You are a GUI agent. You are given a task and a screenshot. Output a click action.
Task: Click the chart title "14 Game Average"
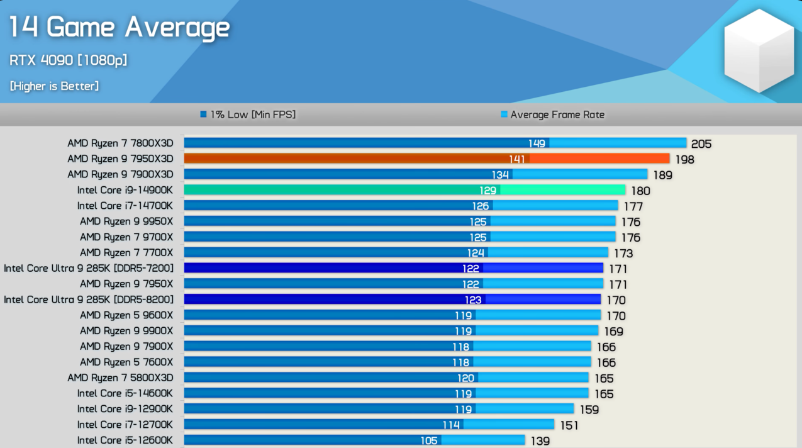[119, 28]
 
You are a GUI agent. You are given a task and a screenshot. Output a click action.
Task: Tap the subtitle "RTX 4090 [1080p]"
[68, 60]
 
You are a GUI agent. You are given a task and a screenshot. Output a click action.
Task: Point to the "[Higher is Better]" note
[54, 86]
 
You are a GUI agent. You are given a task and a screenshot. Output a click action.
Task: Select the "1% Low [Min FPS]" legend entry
[248, 115]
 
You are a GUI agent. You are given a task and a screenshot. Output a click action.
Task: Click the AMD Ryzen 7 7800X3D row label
[120, 143]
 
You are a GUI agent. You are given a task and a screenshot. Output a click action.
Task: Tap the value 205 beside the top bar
[701, 144]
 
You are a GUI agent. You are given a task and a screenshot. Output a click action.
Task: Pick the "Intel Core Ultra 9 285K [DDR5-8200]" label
[89, 300]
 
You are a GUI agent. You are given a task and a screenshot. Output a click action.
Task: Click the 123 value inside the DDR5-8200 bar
[473, 300]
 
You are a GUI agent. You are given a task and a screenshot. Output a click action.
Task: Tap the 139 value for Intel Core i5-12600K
[540, 441]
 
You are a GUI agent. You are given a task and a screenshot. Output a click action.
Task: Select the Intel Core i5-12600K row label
[125, 440]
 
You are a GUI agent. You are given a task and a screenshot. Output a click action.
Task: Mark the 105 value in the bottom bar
[429, 440]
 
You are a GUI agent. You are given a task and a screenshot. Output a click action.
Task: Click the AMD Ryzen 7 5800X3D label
[120, 378]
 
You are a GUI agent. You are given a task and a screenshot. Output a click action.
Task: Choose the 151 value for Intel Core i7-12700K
[569, 425]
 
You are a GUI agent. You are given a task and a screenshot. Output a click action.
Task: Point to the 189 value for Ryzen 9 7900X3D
[662, 175]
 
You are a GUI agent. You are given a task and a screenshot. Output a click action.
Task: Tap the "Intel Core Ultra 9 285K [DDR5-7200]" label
[89, 269]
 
